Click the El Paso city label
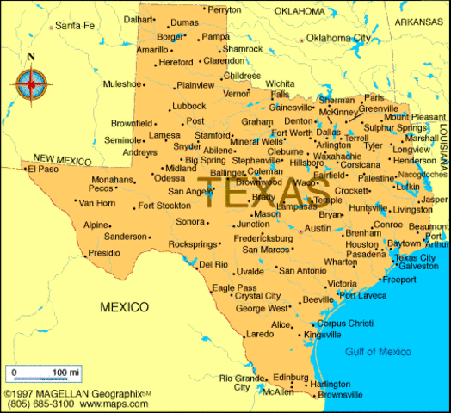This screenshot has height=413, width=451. point(42,170)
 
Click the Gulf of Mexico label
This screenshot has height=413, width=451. point(378,352)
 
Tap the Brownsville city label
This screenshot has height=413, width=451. point(340,395)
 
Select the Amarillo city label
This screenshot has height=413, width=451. point(152,50)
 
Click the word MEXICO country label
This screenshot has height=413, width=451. point(124,307)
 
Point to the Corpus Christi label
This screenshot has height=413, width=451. point(345,323)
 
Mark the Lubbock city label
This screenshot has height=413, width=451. point(189,107)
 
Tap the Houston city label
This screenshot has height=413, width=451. point(361,244)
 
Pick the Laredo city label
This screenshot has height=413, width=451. point(259,334)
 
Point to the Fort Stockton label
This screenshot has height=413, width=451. point(164,206)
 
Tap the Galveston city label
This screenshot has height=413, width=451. point(417,267)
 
